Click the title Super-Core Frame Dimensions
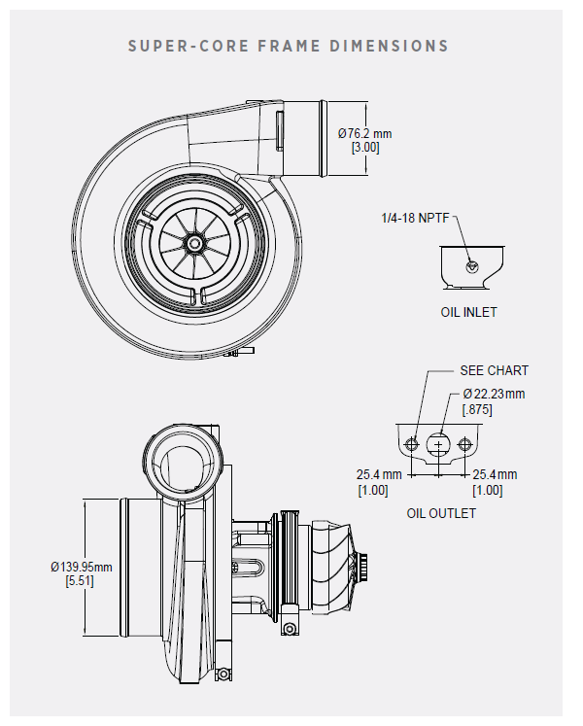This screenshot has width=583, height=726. pyautogui.click(x=289, y=46)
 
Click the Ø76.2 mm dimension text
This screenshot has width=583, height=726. pyautogui.click(x=365, y=133)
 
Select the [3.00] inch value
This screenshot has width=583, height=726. pyautogui.click(x=365, y=148)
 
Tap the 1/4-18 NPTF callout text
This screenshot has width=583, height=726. pyautogui.click(x=417, y=219)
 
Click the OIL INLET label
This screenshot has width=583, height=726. pyautogui.click(x=468, y=313)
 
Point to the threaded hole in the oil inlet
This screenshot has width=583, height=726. pyautogui.click(x=472, y=265)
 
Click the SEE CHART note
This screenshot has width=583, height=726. pyautogui.click(x=495, y=370)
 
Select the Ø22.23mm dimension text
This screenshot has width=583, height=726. pyautogui.click(x=495, y=394)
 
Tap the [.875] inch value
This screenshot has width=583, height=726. pyautogui.click(x=476, y=409)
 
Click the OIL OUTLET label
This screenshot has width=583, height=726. pyautogui.click(x=441, y=513)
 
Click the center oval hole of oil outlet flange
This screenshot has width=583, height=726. pyautogui.click(x=439, y=445)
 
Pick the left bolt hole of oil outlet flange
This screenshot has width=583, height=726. pyautogui.click(x=413, y=445)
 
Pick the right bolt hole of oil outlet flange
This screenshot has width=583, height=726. pyautogui.click(x=465, y=445)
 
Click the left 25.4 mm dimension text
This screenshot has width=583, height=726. pyautogui.click(x=379, y=474)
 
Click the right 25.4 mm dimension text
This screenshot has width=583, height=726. pyautogui.click(x=495, y=474)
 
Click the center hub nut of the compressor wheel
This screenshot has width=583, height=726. pyautogui.click(x=194, y=241)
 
